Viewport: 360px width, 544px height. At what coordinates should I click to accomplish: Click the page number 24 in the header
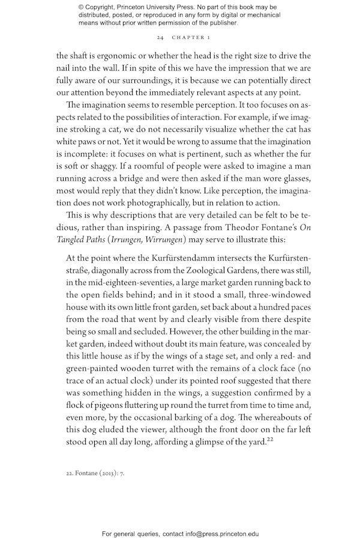coord(160,37)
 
